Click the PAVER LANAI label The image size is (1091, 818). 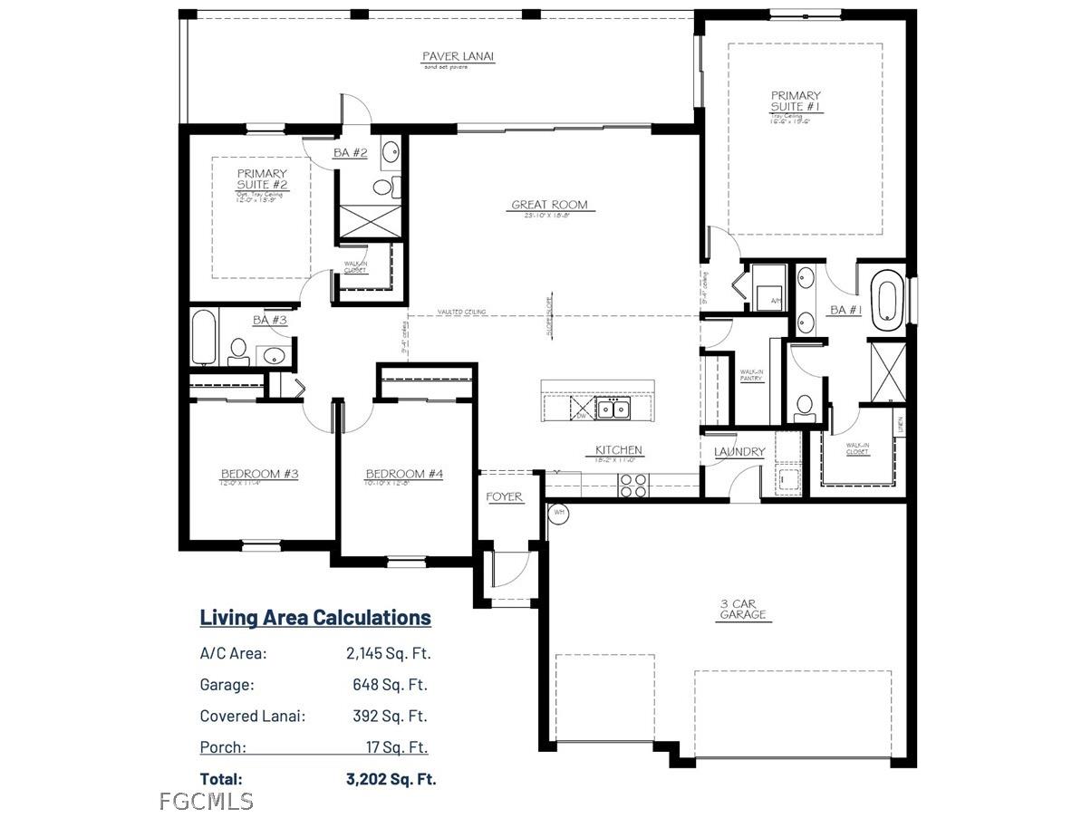tap(459, 57)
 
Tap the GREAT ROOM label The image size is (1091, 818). tap(549, 206)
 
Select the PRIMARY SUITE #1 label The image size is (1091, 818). tap(796, 101)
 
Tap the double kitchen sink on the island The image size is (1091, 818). tap(613, 409)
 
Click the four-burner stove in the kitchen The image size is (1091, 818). tap(632, 486)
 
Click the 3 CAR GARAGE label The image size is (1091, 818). tap(742, 608)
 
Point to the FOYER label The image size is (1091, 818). tap(504, 497)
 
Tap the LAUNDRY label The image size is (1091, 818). tap(739, 452)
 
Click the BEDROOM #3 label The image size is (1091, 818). tap(259, 474)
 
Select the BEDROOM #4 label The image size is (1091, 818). tap(403, 474)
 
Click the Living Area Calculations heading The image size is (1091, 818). tap(315, 618)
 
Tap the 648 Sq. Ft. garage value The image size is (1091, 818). tap(390, 685)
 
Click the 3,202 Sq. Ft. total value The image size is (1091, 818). tap(391, 778)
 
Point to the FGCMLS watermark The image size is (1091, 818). tap(206, 801)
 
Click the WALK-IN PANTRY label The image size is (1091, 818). tap(751, 375)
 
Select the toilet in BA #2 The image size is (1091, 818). tap(383, 188)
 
